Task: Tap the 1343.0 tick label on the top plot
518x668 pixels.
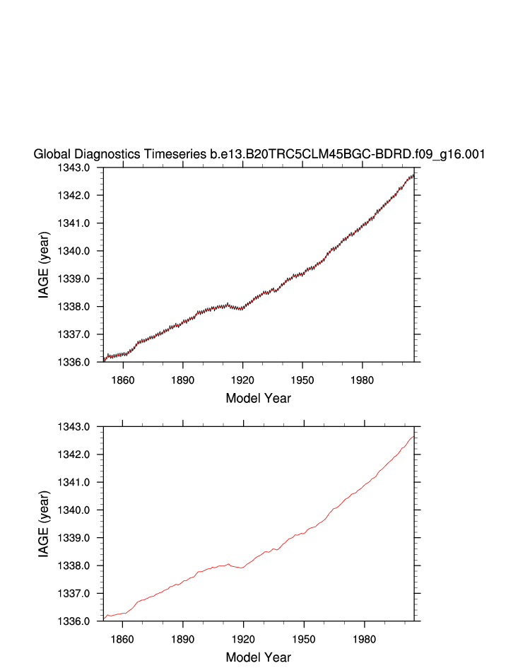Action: point(82,168)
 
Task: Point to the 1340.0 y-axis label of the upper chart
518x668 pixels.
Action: point(82,251)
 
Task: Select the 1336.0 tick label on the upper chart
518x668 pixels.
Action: point(82,362)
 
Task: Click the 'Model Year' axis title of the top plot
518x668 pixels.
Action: point(258,398)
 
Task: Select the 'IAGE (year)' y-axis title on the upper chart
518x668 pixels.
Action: point(44,265)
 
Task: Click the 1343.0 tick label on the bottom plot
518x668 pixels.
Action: point(82,427)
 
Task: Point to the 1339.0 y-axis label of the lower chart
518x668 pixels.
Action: point(82,538)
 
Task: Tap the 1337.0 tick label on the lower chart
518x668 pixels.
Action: point(82,594)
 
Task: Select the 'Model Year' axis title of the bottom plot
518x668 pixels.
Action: point(258,657)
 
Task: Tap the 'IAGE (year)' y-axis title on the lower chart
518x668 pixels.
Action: point(44,525)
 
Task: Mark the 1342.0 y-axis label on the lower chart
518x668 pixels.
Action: point(82,455)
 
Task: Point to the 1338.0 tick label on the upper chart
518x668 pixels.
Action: point(82,307)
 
